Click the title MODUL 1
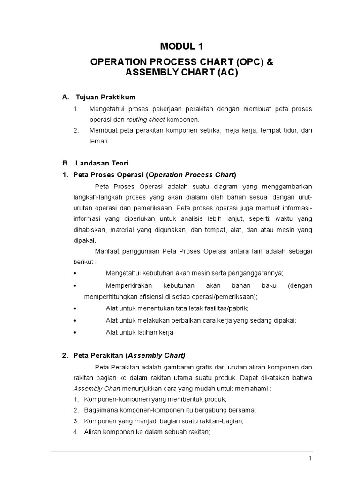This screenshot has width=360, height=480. click(x=182, y=46)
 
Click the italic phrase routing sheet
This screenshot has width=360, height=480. click(x=142, y=120)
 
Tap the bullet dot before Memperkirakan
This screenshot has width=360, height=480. click(x=76, y=285)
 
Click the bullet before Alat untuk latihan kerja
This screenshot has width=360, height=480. click(x=76, y=332)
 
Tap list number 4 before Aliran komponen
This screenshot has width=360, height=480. click(x=75, y=433)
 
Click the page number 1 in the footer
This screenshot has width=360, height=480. click(x=311, y=458)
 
